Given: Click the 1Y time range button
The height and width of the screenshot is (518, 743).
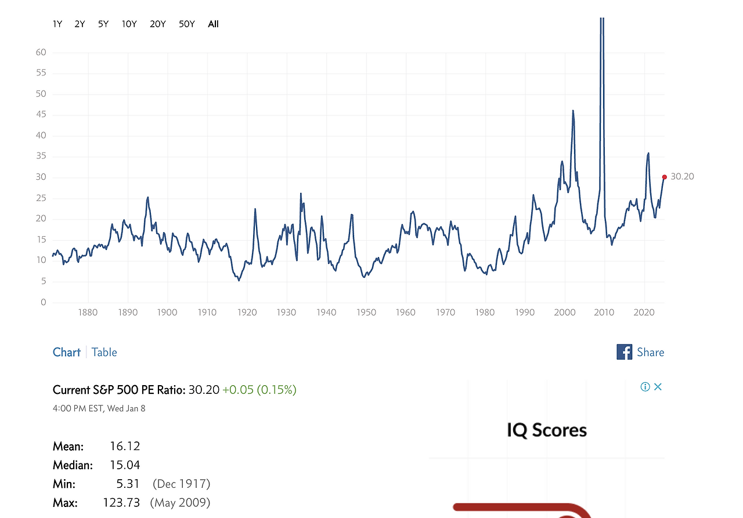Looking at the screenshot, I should (57, 24).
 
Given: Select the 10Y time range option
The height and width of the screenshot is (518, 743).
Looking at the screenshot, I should (129, 24).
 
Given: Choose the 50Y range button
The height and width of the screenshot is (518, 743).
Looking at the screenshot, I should (187, 24).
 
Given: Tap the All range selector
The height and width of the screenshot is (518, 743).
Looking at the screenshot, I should (213, 24).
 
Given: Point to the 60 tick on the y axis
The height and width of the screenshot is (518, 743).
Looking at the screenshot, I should (41, 52).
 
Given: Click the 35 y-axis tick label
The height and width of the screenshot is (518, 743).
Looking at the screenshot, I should (41, 157).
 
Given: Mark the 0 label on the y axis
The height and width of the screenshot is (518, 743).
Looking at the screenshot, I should (43, 302).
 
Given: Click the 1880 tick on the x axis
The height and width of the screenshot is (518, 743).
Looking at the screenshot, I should (88, 312).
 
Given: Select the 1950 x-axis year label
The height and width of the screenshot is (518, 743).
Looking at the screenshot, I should (366, 312).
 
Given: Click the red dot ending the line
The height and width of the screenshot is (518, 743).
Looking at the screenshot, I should (665, 177).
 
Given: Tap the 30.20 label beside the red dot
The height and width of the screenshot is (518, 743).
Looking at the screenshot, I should (682, 176).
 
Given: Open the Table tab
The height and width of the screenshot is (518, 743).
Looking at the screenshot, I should (104, 352).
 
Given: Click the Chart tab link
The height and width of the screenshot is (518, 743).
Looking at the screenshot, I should (67, 352).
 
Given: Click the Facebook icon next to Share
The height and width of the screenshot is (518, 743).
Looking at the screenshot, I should (624, 352).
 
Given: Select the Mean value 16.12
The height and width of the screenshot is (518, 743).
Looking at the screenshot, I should (125, 446).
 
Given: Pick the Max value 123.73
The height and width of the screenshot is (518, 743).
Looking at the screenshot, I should (121, 502).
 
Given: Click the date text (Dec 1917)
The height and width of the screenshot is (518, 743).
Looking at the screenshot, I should (181, 484).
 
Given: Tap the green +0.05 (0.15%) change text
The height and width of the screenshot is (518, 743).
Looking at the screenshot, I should (259, 390).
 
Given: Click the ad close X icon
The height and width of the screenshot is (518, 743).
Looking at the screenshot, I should (658, 387).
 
